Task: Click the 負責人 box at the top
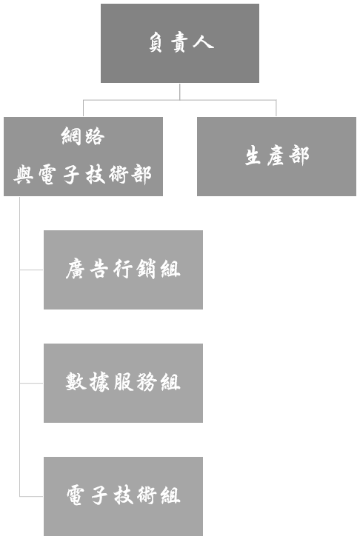coord(180,43)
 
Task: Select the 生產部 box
coord(276,156)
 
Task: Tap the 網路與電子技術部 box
coord(84,156)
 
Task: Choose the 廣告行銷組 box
coord(123,270)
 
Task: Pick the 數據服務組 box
coord(123,383)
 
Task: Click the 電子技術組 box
coord(123,496)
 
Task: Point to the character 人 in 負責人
coord(204,42)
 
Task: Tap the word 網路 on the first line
coord(83,135)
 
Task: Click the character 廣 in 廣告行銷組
coord(76,270)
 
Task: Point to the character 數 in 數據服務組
coord(76,382)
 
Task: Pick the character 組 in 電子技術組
coord(170,495)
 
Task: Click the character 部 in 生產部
coord(299,155)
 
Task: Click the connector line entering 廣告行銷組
coord(31,270)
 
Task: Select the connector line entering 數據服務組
coord(31,383)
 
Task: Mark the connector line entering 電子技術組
coord(31,496)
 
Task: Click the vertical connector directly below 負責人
coord(180,92)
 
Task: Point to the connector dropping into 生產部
coord(276,108)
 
